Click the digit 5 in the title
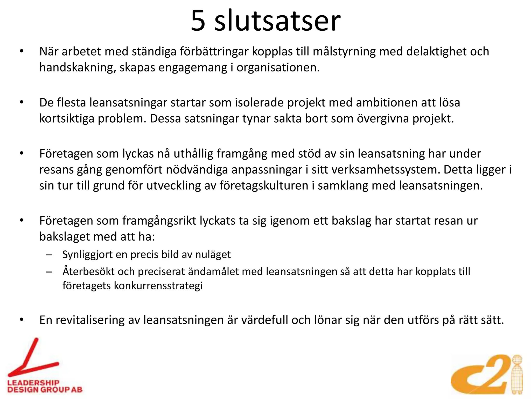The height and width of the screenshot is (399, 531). (198, 21)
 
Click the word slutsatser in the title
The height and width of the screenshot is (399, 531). (277, 21)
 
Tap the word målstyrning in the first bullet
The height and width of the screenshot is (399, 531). (344, 52)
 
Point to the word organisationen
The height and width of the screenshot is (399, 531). (278, 68)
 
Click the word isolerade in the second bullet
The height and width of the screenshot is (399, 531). (259, 103)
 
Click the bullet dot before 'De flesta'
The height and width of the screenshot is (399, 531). (22, 102)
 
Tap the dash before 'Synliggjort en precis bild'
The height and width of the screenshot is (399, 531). (49, 255)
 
